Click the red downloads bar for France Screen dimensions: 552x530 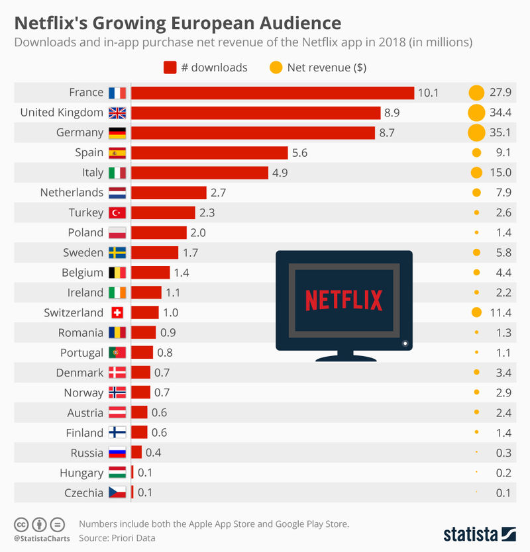(x=272, y=93)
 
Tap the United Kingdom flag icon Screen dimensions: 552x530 (x=117, y=113)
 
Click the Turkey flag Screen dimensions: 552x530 (x=117, y=212)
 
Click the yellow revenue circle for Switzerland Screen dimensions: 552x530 (x=475, y=312)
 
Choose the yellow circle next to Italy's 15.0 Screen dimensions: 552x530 (x=475, y=173)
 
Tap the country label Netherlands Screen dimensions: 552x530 (x=72, y=193)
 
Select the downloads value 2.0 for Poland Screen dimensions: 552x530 (x=197, y=232)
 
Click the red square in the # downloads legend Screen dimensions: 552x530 (x=170, y=68)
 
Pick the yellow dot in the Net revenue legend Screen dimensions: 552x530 (x=276, y=68)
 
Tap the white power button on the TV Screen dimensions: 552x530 (x=405, y=343)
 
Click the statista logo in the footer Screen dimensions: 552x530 (x=479, y=533)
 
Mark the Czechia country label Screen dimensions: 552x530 (x=83, y=492)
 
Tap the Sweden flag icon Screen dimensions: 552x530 (x=117, y=253)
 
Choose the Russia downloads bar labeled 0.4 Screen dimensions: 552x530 (x=136, y=453)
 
